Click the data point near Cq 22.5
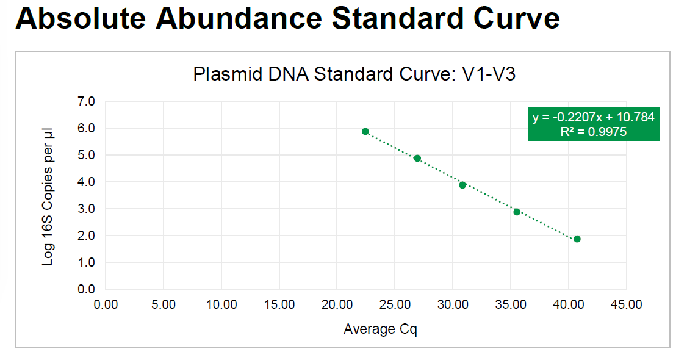click(365, 131)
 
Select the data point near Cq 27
click(417, 158)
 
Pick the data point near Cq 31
click(462, 185)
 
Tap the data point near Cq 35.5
click(517, 212)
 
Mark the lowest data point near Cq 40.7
click(577, 239)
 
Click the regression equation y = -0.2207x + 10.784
click(593, 117)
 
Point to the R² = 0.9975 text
click(593, 132)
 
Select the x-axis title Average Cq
click(380, 329)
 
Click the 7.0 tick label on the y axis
click(87, 101)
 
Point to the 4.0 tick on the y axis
click(87, 182)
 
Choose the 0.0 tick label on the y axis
click(87, 289)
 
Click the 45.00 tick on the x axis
click(626, 304)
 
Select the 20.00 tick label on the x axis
click(337, 304)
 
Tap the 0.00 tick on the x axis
click(106, 304)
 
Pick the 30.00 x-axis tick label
click(453, 304)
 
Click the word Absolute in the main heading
click(81, 19)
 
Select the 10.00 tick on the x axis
click(221, 304)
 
